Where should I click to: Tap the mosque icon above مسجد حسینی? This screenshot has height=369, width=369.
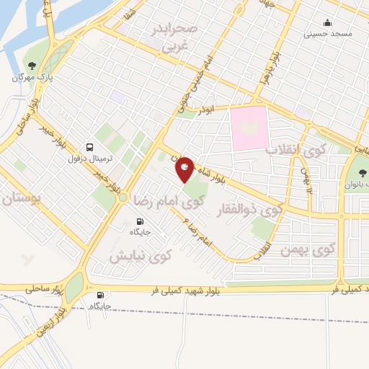(328, 23)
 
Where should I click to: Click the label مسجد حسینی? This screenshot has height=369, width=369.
(327, 33)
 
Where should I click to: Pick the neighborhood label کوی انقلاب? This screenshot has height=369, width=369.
(298, 151)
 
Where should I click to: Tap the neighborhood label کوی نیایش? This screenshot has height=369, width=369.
(141, 255)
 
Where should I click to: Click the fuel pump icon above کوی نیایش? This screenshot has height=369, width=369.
(140, 222)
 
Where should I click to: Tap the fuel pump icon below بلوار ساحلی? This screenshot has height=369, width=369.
(99, 295)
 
